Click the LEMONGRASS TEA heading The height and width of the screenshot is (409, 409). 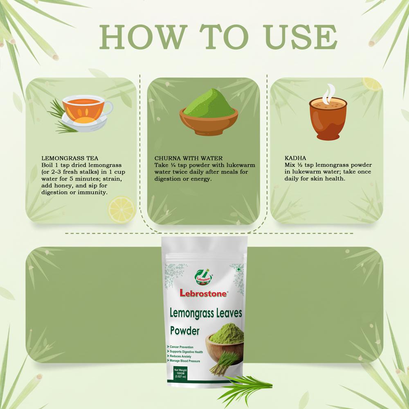tap(70, 157)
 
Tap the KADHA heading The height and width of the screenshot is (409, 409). tap(295, 157)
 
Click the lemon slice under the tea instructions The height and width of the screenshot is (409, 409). tap(121, 209)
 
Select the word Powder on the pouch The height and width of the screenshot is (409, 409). tap(185, 330)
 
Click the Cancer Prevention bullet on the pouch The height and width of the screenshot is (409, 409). tap(181, 347)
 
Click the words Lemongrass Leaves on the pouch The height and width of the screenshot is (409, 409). tap(206, 314)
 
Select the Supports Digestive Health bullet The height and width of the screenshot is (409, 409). tap(186, 352)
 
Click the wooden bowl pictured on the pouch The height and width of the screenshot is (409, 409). tap(225, 347)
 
